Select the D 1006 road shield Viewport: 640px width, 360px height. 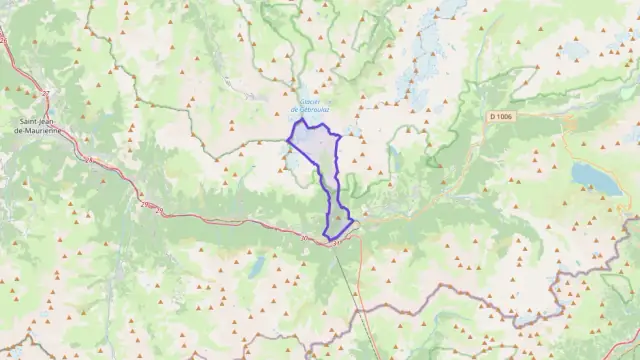[502, 117]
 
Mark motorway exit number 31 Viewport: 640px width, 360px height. [337, 239]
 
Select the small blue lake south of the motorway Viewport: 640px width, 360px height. [258, 265]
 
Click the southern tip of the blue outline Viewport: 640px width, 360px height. [326, 237]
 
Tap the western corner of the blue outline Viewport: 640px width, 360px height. [288, 140]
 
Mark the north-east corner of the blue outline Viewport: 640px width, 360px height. [341, 135]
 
